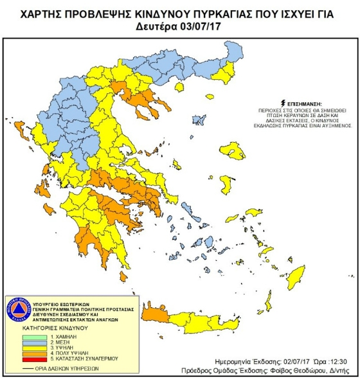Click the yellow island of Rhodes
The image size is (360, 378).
coord(296,278)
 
